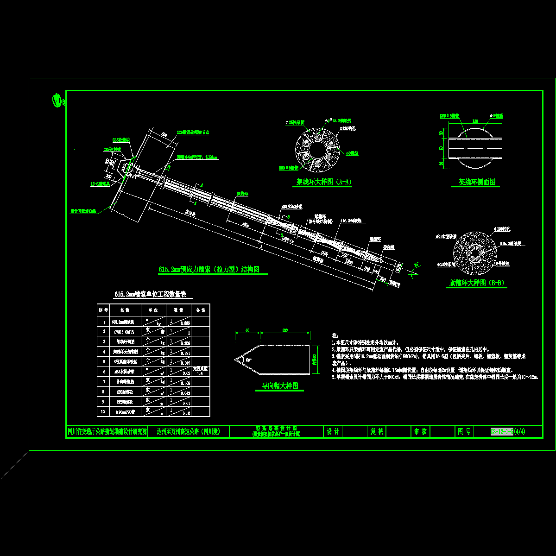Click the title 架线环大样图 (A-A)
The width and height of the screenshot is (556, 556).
324,183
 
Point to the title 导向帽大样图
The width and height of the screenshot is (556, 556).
279,386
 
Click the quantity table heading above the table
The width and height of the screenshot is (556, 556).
153,295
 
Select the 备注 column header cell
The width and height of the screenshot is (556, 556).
201,310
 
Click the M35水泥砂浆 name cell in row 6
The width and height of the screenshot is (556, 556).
125,371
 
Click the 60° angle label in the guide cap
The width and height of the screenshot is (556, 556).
249,360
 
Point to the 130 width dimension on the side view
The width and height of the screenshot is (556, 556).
475,121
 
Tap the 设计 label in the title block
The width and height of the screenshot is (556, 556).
333,432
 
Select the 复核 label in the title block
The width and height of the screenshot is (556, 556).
377,432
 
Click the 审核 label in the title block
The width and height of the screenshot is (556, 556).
420,432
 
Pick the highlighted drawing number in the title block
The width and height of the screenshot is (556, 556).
501,432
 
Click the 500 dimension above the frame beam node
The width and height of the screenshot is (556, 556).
164,135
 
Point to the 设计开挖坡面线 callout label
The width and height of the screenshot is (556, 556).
83,211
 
